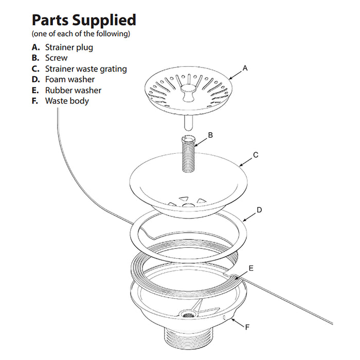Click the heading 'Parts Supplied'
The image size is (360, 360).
point(84,20)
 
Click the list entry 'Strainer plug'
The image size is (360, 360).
point(69,47)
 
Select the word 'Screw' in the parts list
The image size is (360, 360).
point(56,58)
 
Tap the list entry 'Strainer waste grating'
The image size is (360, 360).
point(86,69)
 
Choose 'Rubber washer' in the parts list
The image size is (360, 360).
point(73,91)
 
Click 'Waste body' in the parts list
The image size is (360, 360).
point(67,101)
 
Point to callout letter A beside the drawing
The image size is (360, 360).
point(245,68)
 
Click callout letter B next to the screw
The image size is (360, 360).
point(210,135)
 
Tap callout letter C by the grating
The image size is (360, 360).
point(256,154)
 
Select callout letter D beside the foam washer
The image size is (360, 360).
point(260,210)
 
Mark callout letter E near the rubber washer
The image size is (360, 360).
point(251,268)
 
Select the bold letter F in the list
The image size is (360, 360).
point(35,101)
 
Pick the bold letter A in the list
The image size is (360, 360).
point(35,47)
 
